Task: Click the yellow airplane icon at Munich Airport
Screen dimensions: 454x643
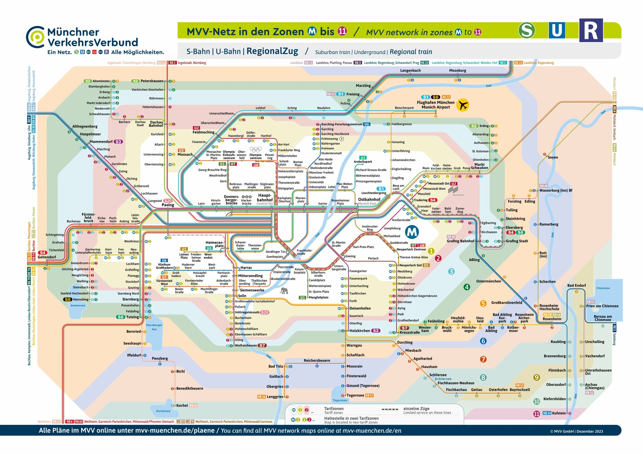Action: pos(462,105)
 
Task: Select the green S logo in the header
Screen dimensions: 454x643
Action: pos(526,30)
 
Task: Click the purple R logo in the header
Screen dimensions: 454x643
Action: pos(591,30)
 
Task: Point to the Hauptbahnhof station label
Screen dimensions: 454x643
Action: pos(265,197)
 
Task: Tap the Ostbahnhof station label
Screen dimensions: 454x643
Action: pos(369,199)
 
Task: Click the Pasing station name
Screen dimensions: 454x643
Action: pos(168,205)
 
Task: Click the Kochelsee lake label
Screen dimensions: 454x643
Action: pos(163,411)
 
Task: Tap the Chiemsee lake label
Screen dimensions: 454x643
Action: pos(603,288)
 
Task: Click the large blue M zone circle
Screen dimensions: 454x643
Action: pos(412,232)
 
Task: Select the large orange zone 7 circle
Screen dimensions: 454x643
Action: pos(483,359)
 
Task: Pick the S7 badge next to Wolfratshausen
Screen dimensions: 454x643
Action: pos(262,345)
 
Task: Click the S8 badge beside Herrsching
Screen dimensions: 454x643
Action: pos(68,299)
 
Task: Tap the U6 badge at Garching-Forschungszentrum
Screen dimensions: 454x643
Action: pos(366,124)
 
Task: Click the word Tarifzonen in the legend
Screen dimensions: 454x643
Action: pos(334,409)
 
